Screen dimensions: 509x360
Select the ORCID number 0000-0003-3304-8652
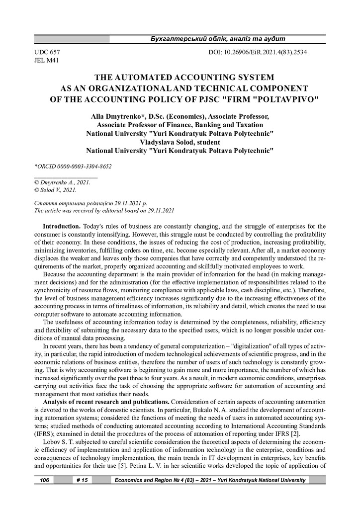[82, 167]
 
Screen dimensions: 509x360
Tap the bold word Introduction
[62, 226]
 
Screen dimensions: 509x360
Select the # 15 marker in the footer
[82, 480]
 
